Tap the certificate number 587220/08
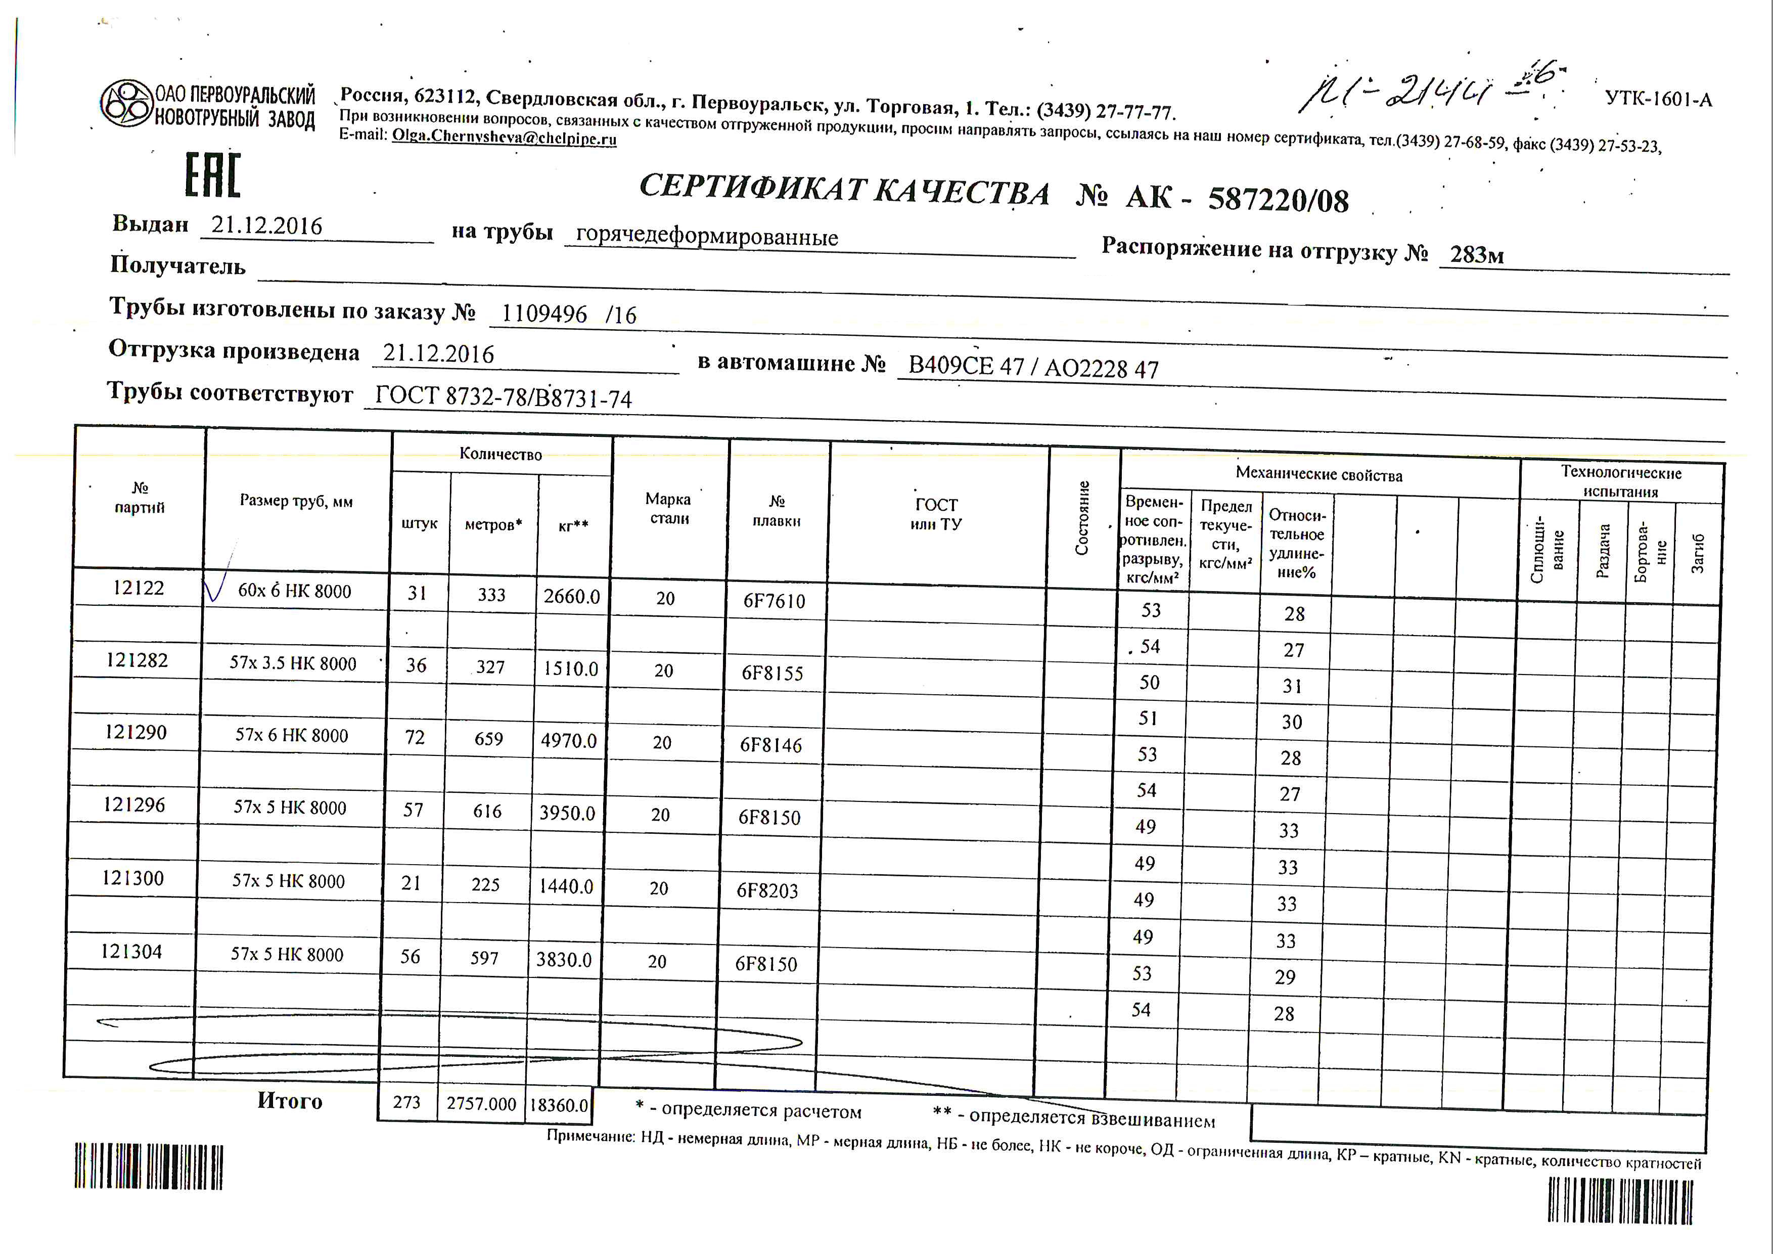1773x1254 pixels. pos(1278,199)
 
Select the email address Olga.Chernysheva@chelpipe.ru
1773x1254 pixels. pos(504,138)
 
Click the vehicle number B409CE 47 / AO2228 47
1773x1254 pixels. pos(1033,368)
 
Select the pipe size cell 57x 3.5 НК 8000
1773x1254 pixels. pos(293,663)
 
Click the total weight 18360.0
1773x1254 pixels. pos(558,1105)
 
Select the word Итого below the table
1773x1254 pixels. pos(290,1100)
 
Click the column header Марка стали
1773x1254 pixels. pos(669,509)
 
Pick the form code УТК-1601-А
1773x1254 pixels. pos(1658,99)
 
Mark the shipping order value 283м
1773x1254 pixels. pos(1476,254)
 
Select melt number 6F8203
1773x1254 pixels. pos(767,890)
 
